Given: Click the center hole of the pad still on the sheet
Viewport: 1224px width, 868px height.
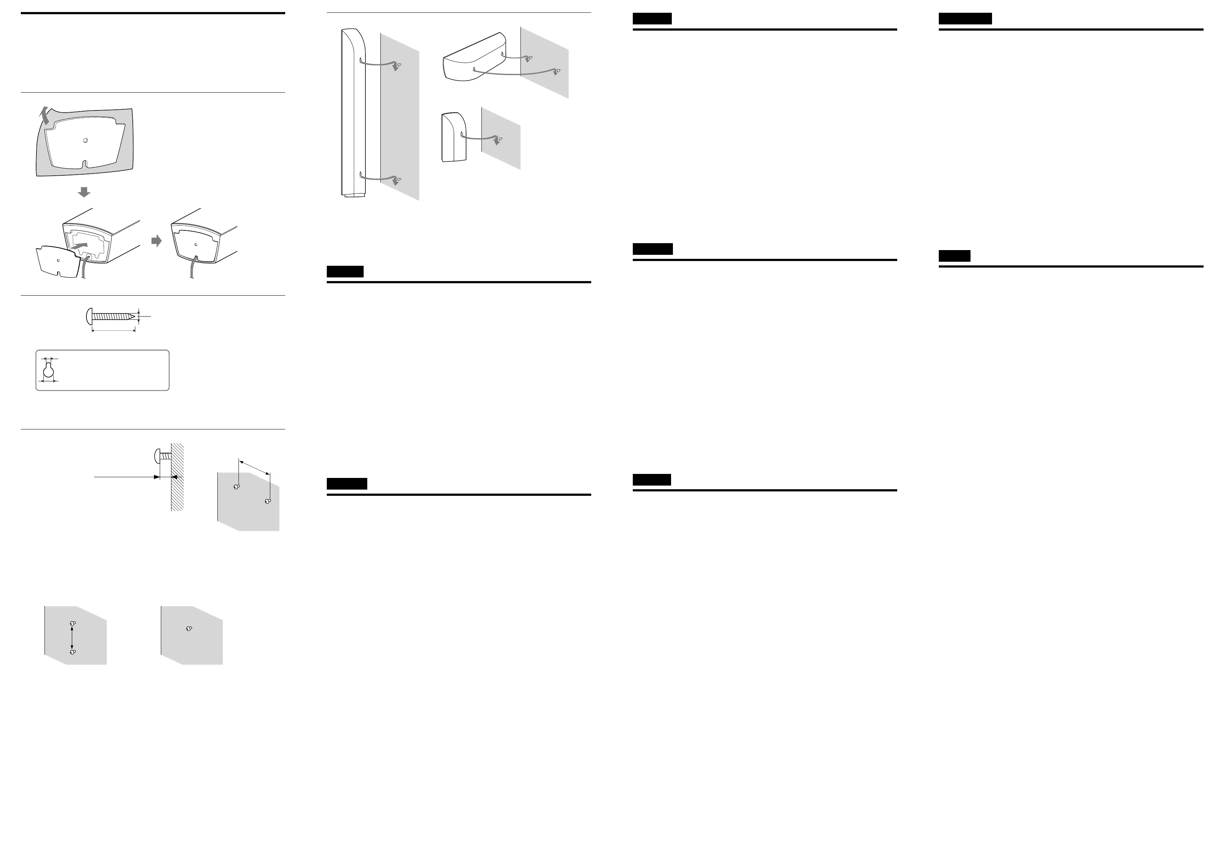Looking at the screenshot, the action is pos(86,141).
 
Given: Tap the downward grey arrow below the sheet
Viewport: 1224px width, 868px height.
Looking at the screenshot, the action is pos(84,191).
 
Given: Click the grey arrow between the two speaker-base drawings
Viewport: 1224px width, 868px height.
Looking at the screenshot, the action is pos(156,241).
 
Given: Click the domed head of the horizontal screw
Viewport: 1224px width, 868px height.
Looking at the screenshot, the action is pos(88,316).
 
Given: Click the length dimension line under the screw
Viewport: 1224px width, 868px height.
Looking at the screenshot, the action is pos(113,330).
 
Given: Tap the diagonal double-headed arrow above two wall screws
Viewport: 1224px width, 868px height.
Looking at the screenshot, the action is pos(254,467).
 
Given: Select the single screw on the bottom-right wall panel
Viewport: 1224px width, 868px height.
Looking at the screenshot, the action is pos(189,628).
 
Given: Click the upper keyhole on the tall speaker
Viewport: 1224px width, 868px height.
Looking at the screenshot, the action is pos(361,59).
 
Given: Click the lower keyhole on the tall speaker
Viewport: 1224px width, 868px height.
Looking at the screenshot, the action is pos(361,174).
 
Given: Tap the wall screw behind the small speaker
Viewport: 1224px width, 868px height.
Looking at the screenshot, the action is pos(500,140).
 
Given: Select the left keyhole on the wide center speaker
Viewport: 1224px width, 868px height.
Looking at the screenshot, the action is pos(474,69).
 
